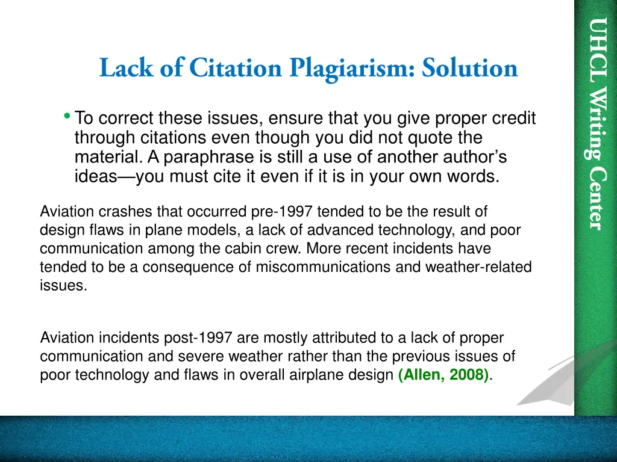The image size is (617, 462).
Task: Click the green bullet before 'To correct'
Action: (x=66, y=115)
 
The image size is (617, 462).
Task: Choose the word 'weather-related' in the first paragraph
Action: (x=487, y=267)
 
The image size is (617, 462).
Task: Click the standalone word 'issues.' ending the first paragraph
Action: (x=63, y=286)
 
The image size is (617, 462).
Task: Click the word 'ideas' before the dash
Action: (x=100, y=177)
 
